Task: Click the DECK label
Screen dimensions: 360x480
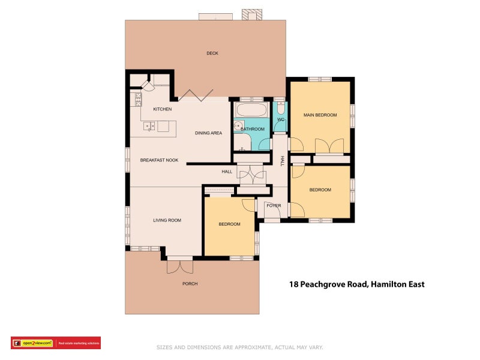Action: (x=212, y=53)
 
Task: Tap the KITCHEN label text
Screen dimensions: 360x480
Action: (x=163, y=109)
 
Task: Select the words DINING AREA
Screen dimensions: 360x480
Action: (x=208, y=133)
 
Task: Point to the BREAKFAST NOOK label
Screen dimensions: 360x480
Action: (x=160, y=160)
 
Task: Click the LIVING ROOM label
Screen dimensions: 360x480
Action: (x=167, y=220)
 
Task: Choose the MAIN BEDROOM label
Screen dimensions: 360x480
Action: (x=320, y=115)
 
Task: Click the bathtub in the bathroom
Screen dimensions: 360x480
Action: (x=251, y=110)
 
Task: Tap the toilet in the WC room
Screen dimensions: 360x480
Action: (x=280, y=109)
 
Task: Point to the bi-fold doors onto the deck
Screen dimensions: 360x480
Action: (x=195, y=94)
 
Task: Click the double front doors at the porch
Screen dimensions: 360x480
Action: (x=179, y=265)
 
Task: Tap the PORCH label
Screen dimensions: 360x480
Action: (x=190, y=284)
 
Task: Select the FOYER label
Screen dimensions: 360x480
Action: (x=274, y=206)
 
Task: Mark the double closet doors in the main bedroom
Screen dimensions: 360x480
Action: (x=329, y=146)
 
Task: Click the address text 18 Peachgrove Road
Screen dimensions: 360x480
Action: (x=356, y=284)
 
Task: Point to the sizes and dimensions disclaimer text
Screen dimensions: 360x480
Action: (x=239, y=347)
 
